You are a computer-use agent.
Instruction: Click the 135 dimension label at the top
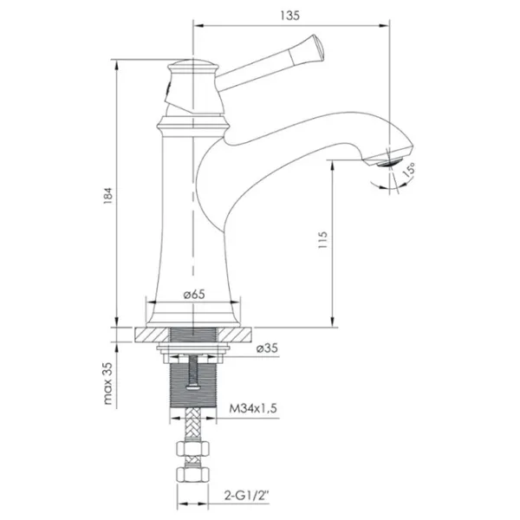pyautogui.click(x=289, y=16)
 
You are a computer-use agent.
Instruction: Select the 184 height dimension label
pyautogui.click(x=108, y=195)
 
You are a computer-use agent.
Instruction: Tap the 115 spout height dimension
pyautogui.click(x=322, y=240)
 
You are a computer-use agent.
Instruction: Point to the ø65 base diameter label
pyautogui.click(x=194, y=294)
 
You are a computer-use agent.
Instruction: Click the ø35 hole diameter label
pyautogui.click(x=267, y=348)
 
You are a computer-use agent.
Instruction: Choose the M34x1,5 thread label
pyautogui.click(x=253, y=408)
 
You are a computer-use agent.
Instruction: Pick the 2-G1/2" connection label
pyautogui.click(x=247, y=496)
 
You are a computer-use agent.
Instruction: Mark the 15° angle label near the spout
pyautogui.click(x=409, y=169)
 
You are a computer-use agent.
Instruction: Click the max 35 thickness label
pyautogui.click(x=108, y=383)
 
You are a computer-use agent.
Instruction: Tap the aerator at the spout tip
pyautogui.click(x=389, y=163)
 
